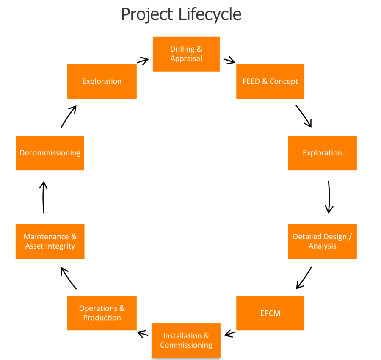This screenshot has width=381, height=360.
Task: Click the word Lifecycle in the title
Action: coord(210,14)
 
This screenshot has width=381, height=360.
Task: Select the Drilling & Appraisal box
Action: coord(186,54)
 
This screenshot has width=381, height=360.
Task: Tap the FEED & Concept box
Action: coord(270,81)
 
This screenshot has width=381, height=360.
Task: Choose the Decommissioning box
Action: coord(50,153)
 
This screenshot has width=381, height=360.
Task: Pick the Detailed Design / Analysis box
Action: coord(322,241)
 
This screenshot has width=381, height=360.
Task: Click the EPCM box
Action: coord(270,313)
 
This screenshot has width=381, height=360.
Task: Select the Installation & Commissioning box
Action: coord(186,341)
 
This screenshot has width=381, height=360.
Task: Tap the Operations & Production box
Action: coord(102,313)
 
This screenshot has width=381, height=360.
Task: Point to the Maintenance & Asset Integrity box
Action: coord(50,241)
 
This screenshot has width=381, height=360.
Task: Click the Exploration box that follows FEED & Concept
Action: coord(322,153)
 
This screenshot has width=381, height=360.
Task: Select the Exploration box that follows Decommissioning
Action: coord(102,81)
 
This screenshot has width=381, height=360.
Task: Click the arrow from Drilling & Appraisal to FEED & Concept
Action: coord(229,61)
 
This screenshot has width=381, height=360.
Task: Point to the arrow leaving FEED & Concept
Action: coord(304,116)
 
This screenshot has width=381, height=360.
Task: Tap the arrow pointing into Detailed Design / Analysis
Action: coord(329,197)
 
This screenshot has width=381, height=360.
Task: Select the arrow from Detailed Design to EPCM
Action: coord(304,278)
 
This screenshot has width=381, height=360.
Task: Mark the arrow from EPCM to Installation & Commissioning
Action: coord(229,334)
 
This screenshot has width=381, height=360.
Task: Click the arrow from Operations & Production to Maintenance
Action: coord(69,278)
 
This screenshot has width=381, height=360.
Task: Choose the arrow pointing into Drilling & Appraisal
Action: coord(143,61)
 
